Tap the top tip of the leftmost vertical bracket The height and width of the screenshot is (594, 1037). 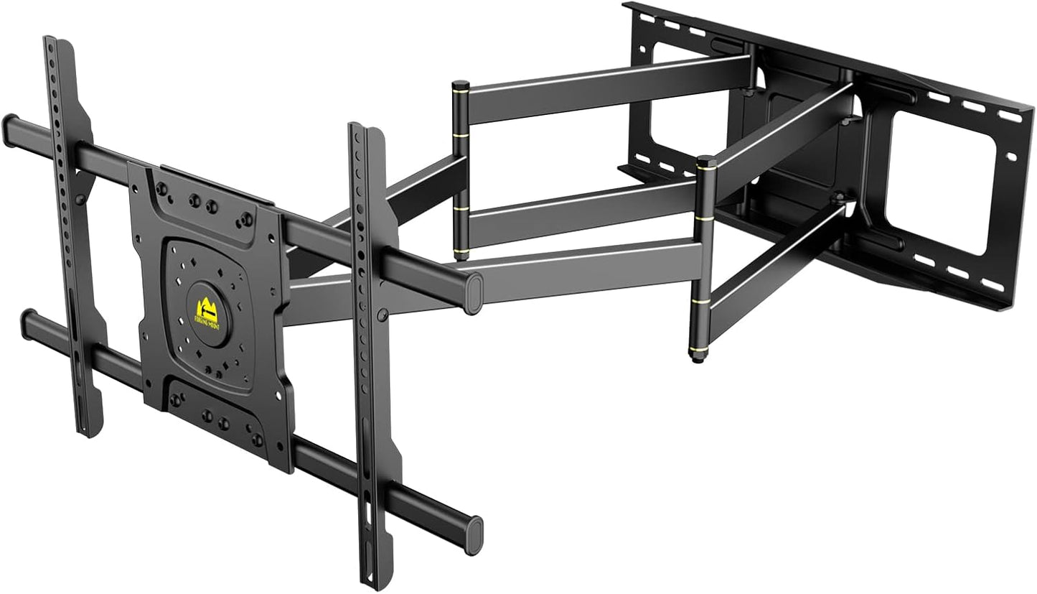point(50,39)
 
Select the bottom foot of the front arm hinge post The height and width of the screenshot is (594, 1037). point(697,356)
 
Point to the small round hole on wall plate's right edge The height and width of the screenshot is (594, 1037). point(1011,157)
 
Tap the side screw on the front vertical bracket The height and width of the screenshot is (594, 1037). point(383,314)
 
